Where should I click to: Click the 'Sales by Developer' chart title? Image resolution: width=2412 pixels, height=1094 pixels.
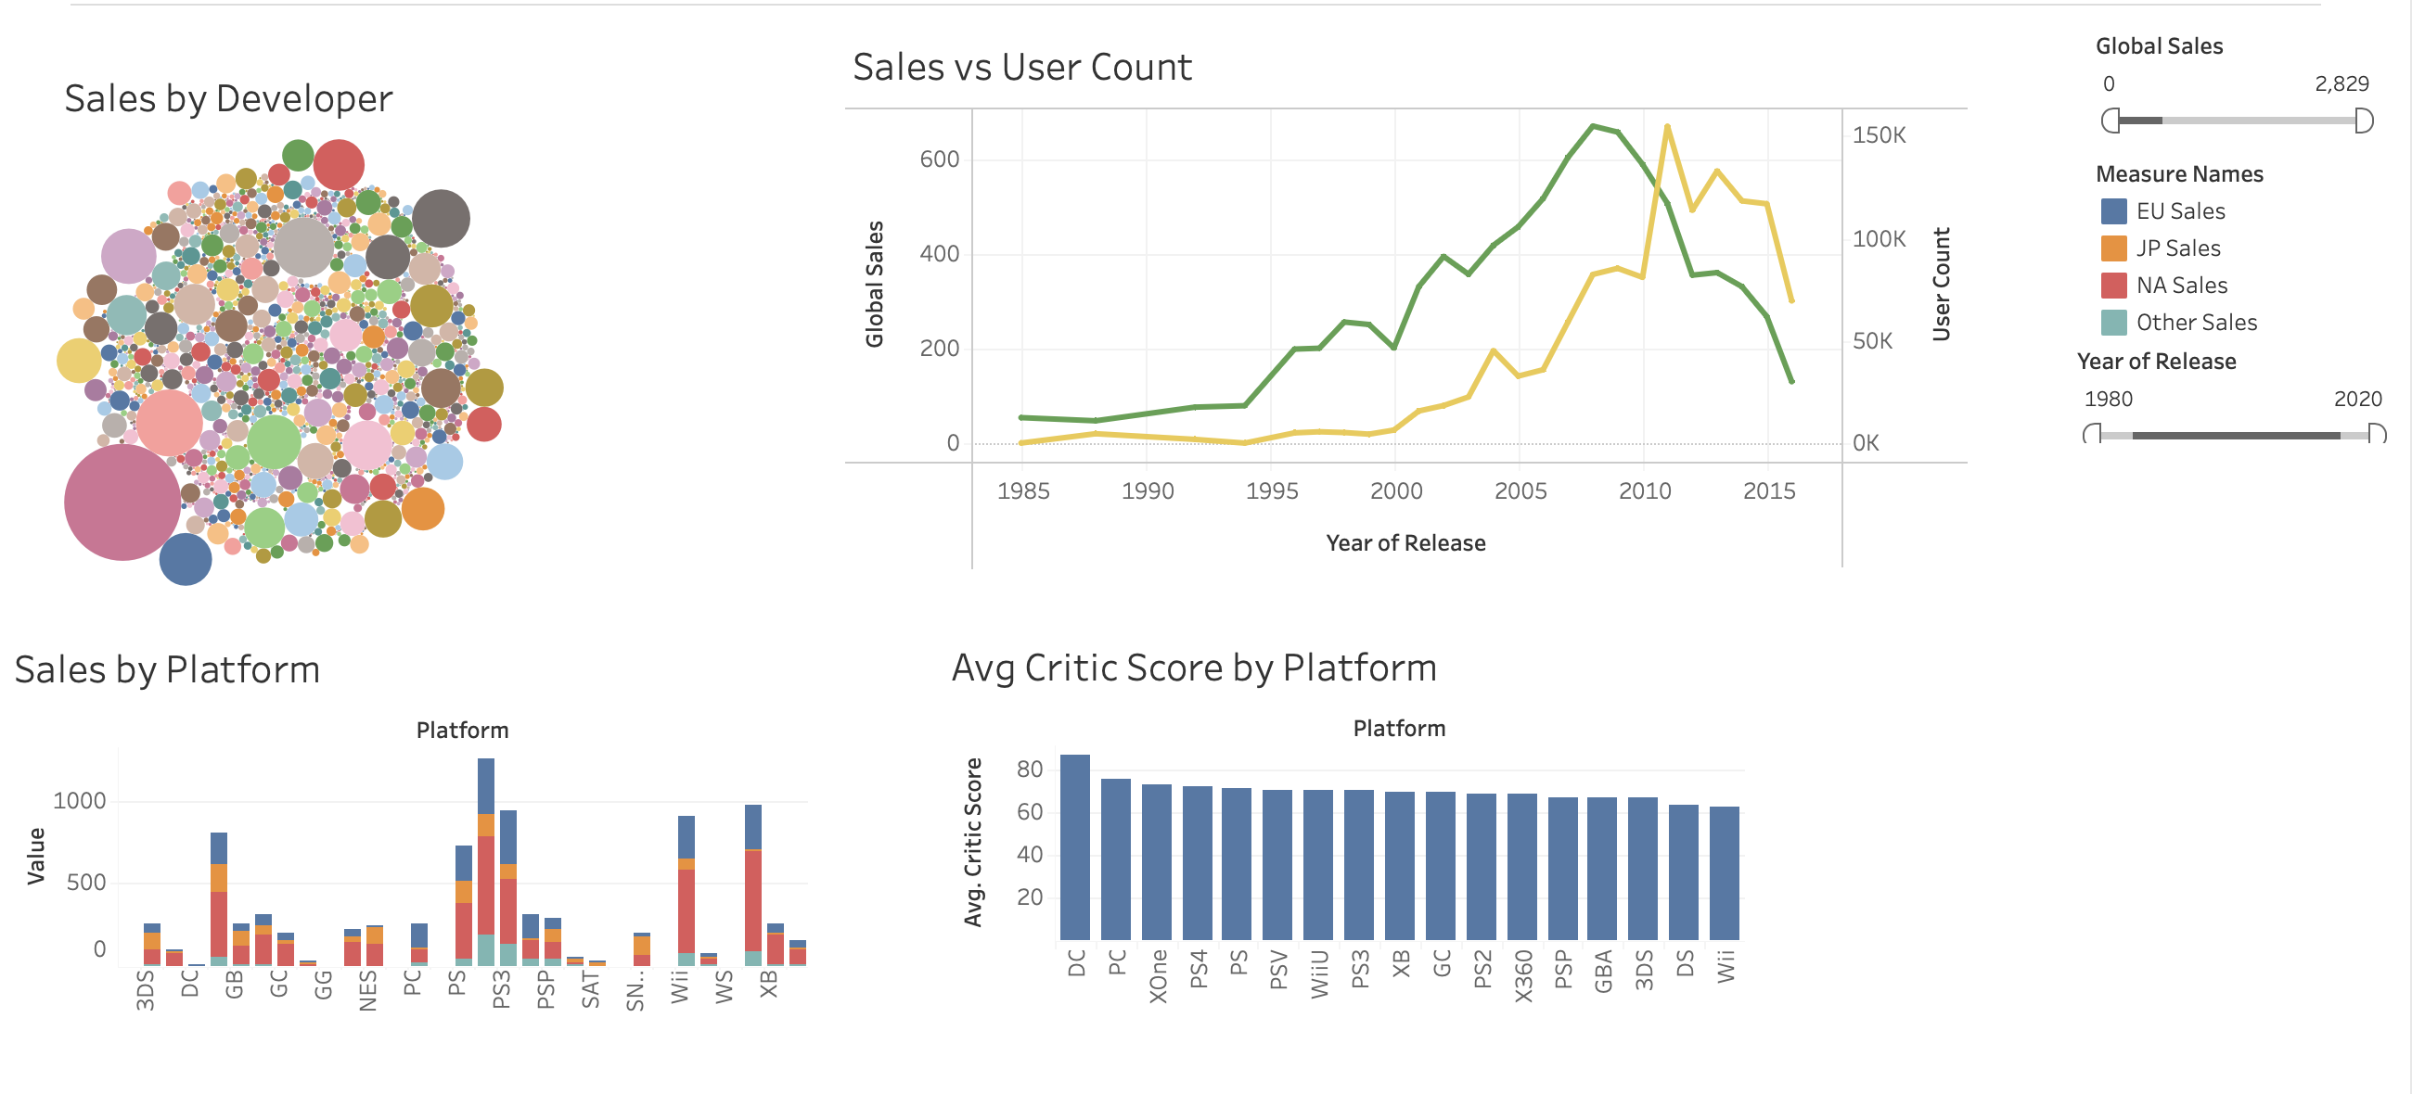coord(227,99)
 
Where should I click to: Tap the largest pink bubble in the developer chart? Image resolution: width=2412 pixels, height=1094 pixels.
coord(122,502)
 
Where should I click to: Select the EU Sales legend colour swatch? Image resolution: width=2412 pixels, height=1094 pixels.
coord(2113,211)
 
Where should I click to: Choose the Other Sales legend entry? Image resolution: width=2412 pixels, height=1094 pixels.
coord(2195,323)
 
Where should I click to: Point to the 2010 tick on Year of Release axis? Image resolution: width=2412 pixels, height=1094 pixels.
coord(1644,491)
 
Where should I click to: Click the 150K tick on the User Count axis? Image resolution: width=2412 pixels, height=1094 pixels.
coord(1879,135)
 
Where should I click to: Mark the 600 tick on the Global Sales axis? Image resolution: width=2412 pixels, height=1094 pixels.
coord(939,160)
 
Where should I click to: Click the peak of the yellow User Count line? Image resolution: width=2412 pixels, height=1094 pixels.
coord(1668,126)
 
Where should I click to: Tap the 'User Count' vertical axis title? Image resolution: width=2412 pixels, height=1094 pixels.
coord(1942,285)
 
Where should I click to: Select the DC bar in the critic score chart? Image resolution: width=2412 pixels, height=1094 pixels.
coord(1075,847)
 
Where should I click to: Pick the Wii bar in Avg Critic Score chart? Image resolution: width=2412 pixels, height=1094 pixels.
coord(1724,873)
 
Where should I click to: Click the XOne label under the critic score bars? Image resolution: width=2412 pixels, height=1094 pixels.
coord(1158,976)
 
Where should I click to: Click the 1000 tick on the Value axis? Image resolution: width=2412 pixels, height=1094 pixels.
coord(80,801)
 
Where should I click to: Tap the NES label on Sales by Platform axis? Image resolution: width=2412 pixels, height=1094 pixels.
coord(368,990)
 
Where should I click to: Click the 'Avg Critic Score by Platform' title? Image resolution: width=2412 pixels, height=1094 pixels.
coord(1194,668)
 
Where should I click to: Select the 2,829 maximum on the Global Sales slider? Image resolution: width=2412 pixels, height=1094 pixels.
coord(2341,84)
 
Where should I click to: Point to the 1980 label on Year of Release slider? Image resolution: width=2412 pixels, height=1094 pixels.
coord(2108,400)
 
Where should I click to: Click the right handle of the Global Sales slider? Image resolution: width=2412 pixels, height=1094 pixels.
coord(2364,121)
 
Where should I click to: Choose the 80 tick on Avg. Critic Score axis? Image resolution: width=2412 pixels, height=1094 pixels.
coord(1029,770)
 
